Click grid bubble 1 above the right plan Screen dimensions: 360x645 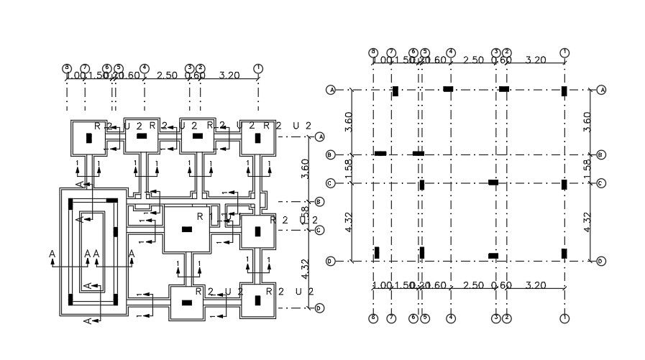click(564, 52)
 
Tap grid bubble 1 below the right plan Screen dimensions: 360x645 click(564, 318)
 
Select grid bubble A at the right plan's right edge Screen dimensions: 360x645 click(601, 90)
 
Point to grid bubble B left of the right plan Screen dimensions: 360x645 click(331, 154)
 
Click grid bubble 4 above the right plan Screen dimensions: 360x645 click(450, 52)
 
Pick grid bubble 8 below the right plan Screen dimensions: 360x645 click(373, 318)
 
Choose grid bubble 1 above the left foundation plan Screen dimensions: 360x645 click(258, 68)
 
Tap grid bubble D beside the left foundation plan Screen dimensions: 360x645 click(319, 308)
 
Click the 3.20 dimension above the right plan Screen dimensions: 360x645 click(536, 60)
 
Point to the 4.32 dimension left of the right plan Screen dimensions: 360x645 click(348, 221)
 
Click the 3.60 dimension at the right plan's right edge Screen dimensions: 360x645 click(587, 121)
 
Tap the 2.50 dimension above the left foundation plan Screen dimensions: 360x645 click(166, 75)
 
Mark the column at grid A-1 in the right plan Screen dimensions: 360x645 click(564, 91)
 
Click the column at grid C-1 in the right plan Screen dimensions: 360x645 click(564, 184)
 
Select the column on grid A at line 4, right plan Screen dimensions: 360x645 click(448, 89)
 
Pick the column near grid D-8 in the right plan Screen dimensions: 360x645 click(376, 252)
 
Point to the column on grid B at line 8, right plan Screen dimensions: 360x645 click(380, 153)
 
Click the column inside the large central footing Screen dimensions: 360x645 click(186, 229)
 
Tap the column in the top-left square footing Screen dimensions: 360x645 click(88, 137)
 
